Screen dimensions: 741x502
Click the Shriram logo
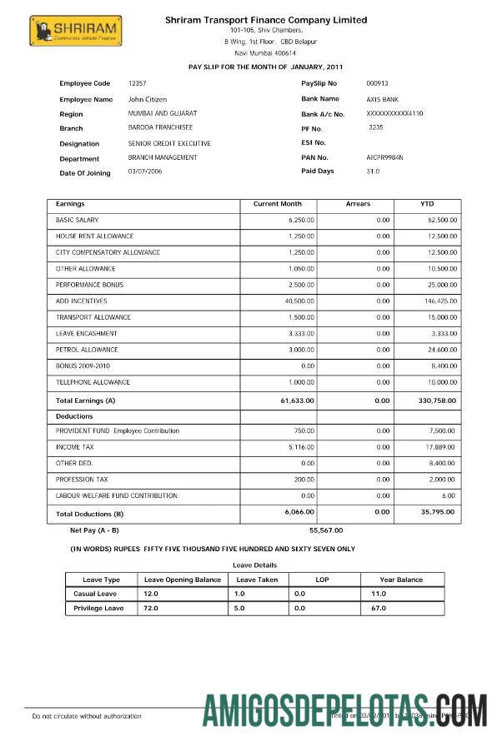click(75, 32)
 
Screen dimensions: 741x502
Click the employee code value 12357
click(138, 83)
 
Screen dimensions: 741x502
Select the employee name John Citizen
click(147, 99)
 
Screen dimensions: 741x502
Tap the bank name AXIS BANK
click(384, 99)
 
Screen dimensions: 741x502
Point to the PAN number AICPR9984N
click(384, 157)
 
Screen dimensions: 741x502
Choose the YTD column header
click(427, 204)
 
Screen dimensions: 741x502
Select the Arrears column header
click(358, 204)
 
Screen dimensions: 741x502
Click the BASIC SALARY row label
click(77, 221)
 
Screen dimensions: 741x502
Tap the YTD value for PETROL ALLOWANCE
click(441, 350)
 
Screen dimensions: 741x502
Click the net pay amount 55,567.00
click(326, 530)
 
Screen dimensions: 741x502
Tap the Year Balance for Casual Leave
click(379, 594)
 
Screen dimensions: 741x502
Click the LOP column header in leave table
click(322, 579)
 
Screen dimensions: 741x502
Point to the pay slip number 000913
click(377, 83)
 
